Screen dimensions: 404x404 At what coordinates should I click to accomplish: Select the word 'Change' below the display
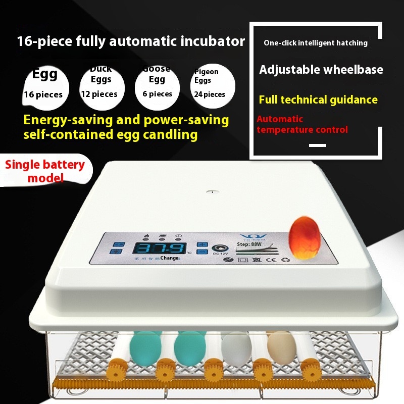point(169,258)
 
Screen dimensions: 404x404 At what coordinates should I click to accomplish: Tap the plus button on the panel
point(203,245)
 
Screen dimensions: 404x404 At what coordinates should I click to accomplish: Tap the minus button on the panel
point(203,254)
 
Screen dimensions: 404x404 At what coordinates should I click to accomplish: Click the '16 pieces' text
point(43,94)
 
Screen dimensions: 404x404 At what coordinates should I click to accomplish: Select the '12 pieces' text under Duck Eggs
point(99,94)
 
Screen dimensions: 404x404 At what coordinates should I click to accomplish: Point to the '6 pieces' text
point(154,94)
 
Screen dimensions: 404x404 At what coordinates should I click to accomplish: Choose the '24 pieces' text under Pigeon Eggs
point(208,94)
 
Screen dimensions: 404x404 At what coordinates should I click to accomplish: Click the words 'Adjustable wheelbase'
point(321,70)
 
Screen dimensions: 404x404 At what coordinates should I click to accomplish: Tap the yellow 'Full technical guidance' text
point(318,99)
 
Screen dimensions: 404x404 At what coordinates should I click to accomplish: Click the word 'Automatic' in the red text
point(280,119)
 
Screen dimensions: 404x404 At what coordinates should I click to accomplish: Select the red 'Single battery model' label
point(45,171)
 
